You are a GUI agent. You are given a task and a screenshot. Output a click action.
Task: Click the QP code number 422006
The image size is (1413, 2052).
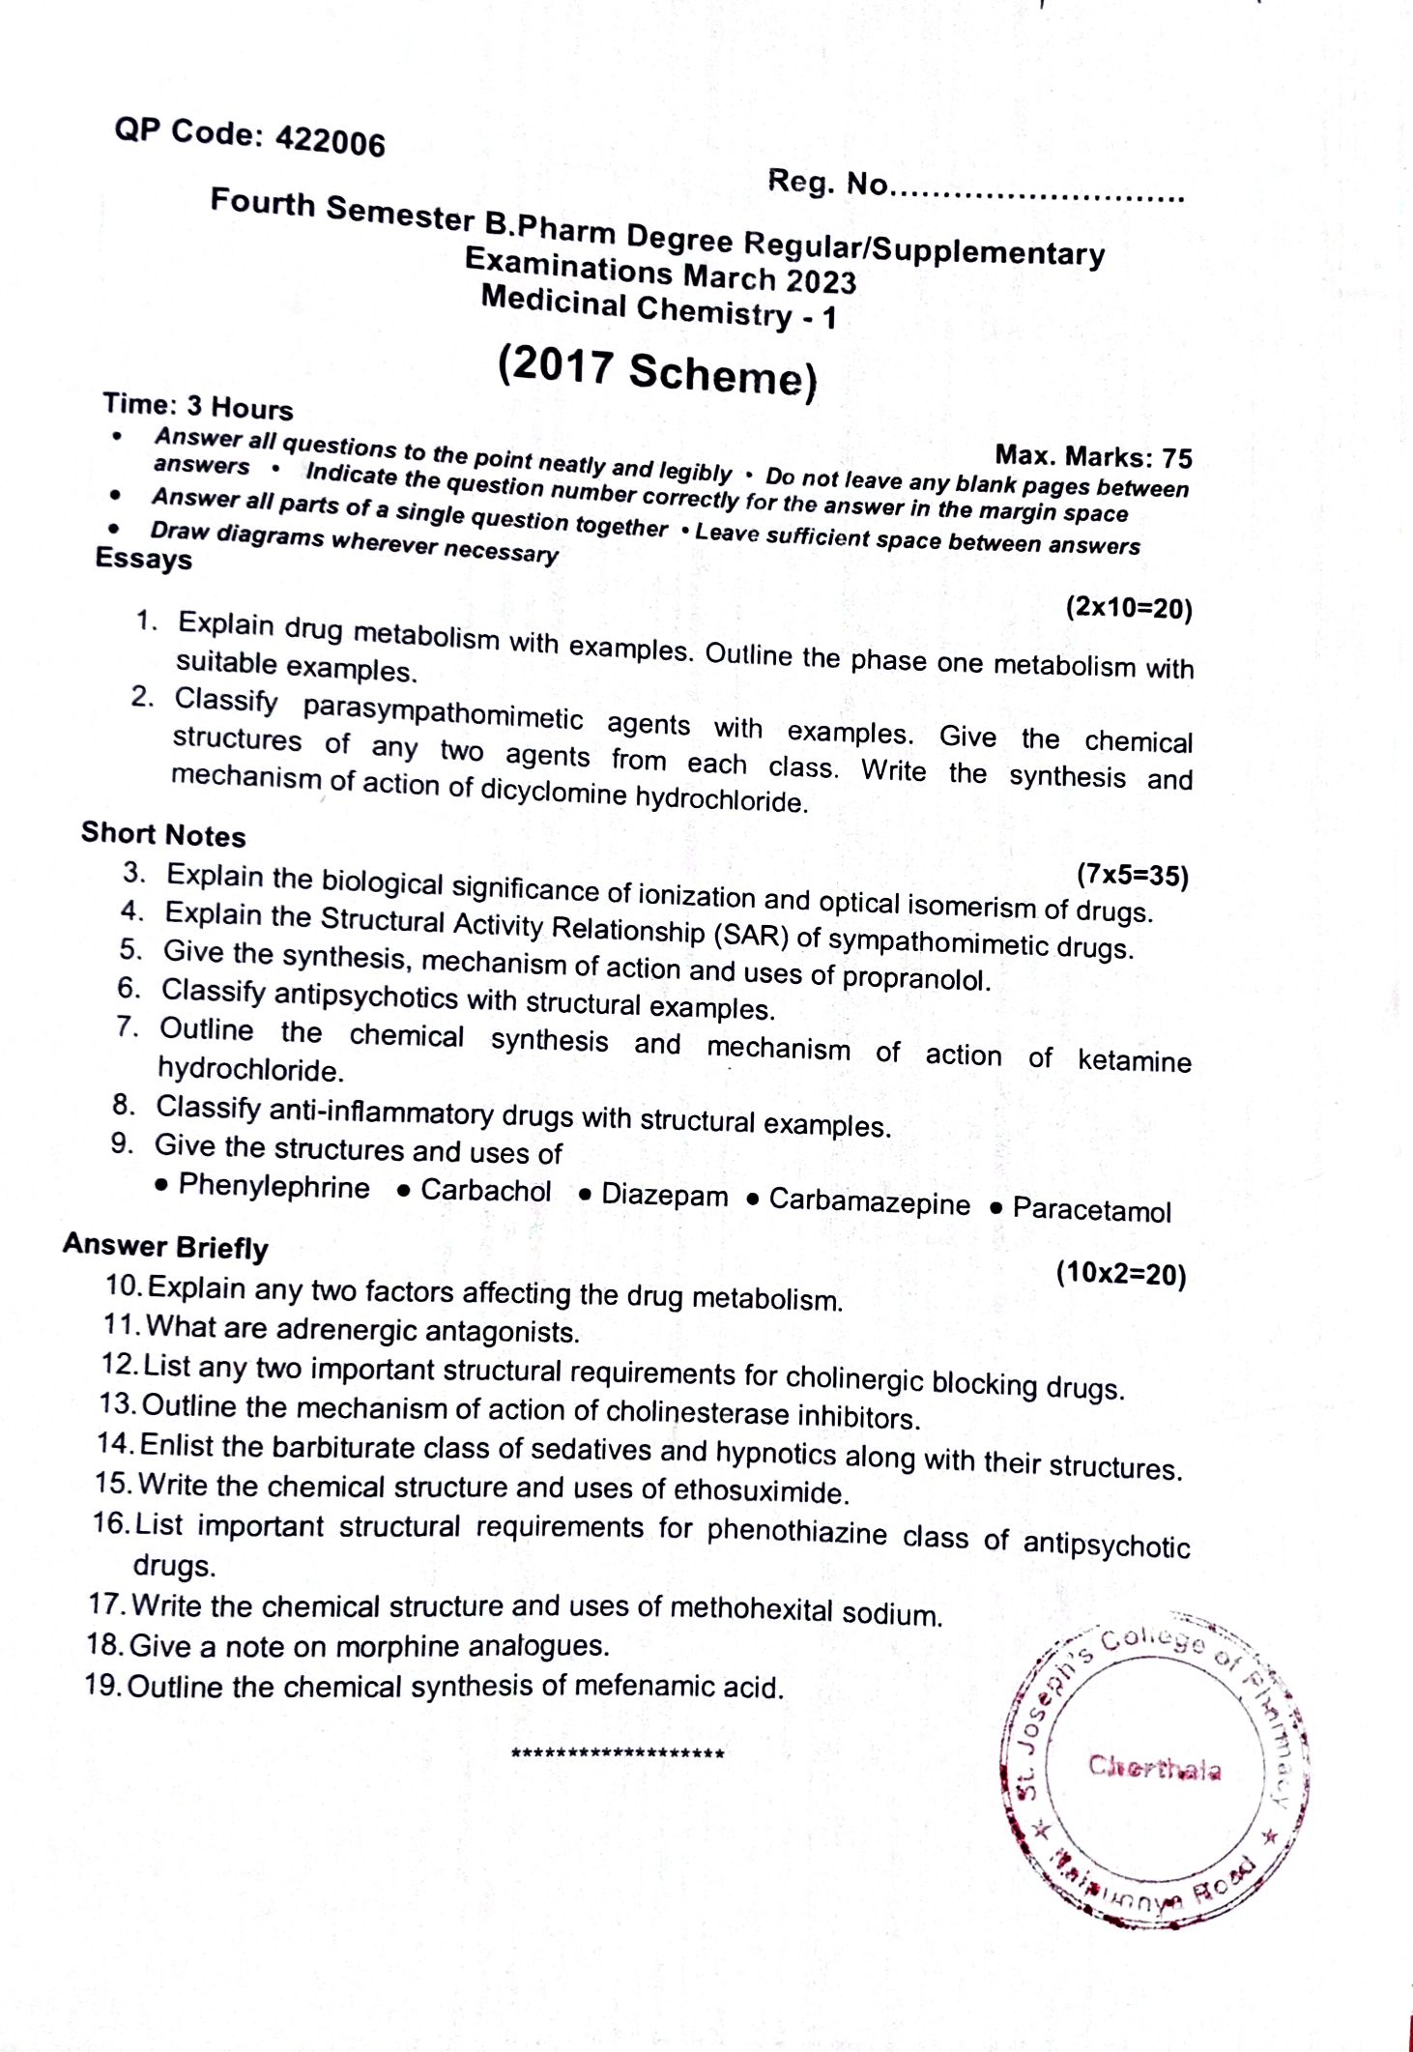[330, 141]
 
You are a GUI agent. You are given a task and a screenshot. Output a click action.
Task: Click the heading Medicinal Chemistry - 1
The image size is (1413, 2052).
[658, 306]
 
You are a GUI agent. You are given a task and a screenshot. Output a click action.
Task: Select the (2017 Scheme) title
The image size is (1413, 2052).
[657, 370]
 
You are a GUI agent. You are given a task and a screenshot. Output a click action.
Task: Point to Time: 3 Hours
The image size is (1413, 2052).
[198, 406]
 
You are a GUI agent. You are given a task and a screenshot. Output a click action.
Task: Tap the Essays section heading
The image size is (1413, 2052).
[143, 559]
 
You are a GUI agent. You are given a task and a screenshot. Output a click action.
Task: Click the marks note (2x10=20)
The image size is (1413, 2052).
[1129, 608]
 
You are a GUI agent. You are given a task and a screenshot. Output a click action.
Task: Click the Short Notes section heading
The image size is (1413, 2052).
[163, 834]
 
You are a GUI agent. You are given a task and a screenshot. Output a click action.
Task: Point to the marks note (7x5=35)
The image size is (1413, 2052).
[1132, 875]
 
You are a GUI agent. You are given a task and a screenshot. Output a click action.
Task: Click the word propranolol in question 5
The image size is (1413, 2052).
[916, 978]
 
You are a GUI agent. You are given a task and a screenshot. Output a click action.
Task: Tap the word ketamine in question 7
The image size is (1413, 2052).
[1134, 1060]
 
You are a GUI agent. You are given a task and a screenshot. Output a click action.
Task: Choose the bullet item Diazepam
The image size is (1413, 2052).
[664, 1196]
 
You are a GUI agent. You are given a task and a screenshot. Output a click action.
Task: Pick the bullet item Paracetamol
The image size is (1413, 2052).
[1091, 1210]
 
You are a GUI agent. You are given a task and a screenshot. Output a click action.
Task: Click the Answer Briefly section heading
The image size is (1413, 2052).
[165, 1246]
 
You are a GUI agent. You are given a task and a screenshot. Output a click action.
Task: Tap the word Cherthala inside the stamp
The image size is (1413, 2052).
[1154, 1768]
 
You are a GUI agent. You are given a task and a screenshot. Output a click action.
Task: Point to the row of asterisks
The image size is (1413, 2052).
[618, 1753]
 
